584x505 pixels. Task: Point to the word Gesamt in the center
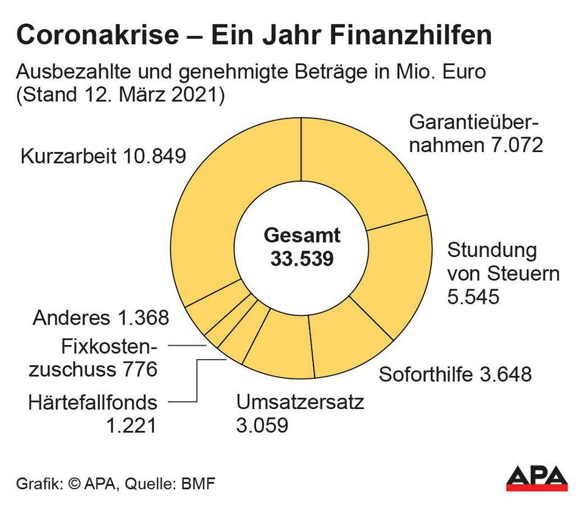click(302, 236)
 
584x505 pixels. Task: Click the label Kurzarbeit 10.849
click(103, 156)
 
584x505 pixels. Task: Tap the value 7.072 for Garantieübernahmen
click(515, 145)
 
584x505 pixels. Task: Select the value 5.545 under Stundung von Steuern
click(473, 297)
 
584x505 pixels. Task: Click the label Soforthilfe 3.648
click(455, 374)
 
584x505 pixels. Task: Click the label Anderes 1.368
click(101, 318)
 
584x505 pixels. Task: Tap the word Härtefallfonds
click(92, 402)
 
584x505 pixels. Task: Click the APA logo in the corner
click(537, 478)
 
